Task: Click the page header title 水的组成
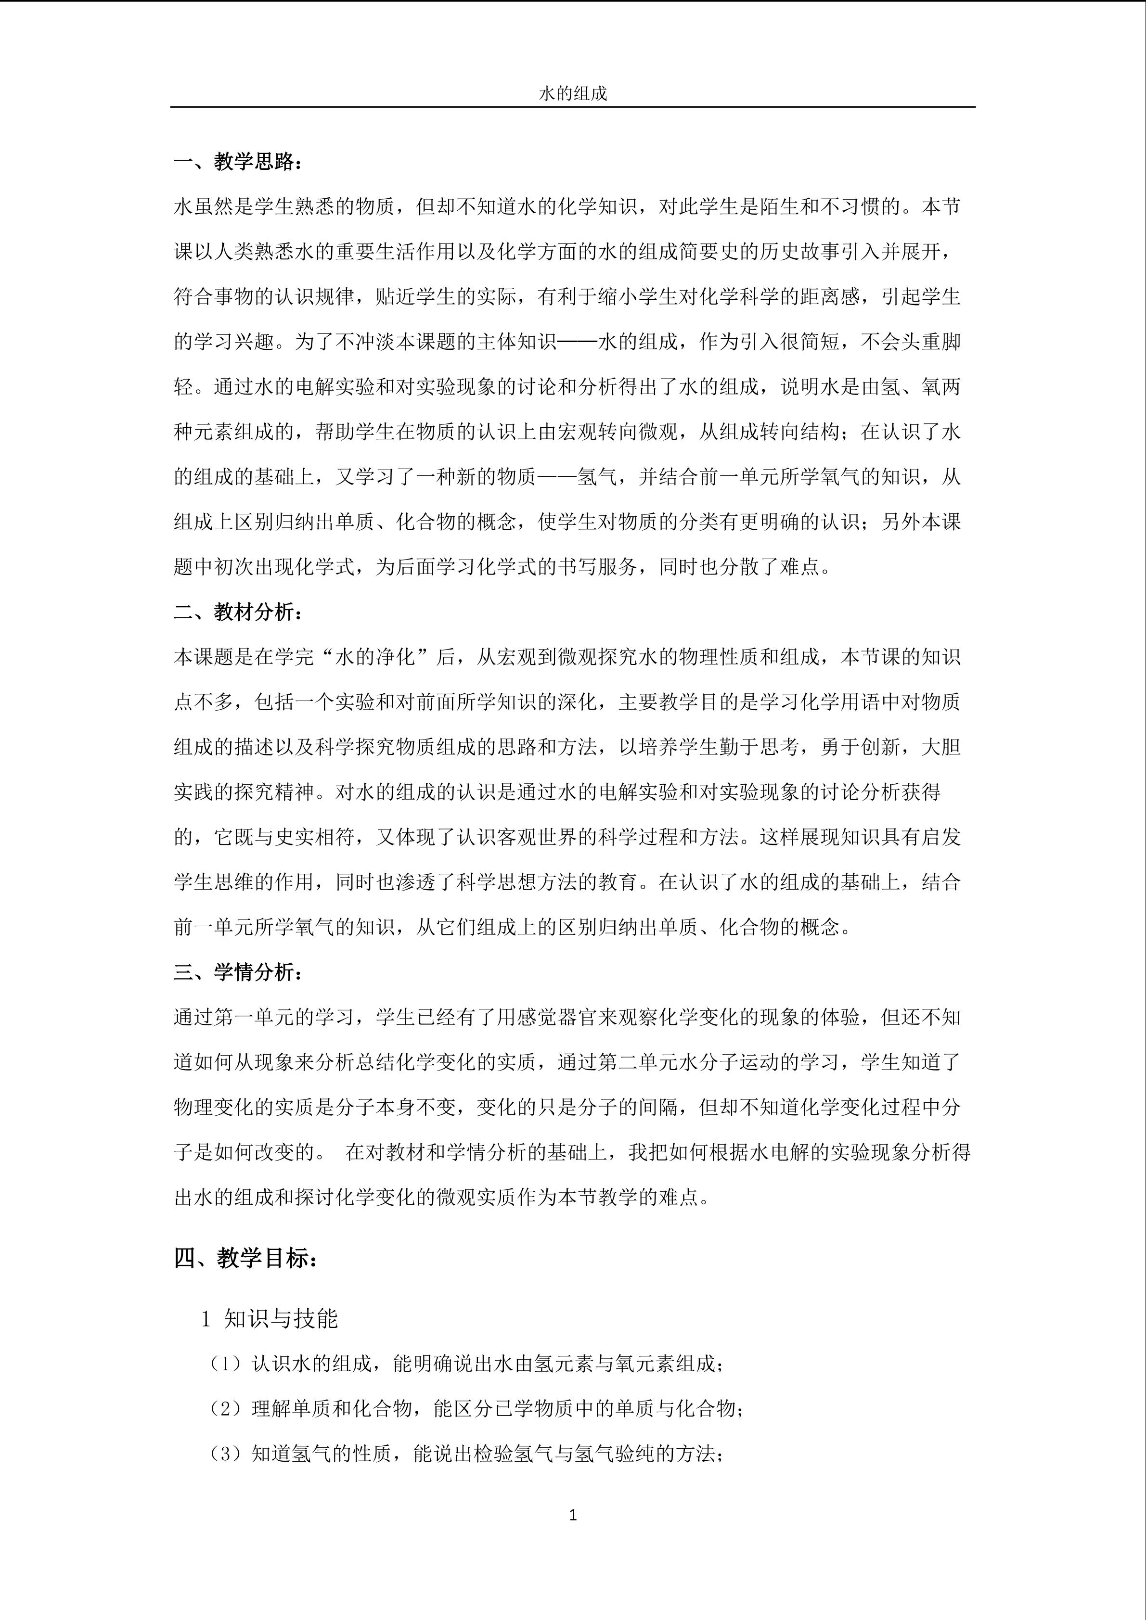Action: tap(572, 94)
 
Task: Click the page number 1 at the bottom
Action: tap(572, 1515)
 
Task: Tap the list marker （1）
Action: tap(226, 1363)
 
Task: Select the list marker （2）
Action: tap(226, 1408)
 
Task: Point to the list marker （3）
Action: tap(226, 1454)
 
